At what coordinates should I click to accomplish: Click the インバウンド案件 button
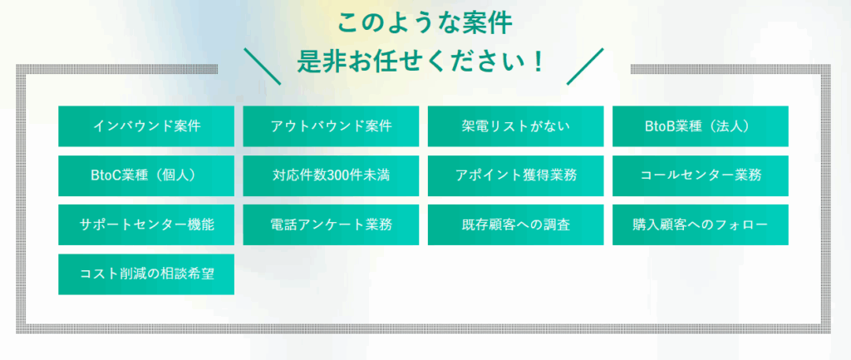tap(146, 126)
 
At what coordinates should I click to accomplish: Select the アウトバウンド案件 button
tap(331, 126)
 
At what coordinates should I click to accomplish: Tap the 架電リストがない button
tap(515, 126)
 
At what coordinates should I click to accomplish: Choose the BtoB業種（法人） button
tap(701, 126)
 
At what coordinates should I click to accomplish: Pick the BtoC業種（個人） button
tap(146, 175)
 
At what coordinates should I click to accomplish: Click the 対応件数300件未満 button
tap(331, 175)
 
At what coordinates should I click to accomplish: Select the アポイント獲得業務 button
tap(515, 175)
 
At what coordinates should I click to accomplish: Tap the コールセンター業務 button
tap(701, 175)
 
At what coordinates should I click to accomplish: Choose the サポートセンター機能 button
tap(146, 224)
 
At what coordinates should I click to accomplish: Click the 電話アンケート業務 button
tap(331, 224)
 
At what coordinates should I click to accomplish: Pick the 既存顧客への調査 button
tap(515, 224)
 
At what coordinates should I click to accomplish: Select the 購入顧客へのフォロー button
tap(701, 224)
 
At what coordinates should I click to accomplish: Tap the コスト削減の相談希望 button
tap(146, 274)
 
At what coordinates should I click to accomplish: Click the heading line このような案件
tap(425, 23)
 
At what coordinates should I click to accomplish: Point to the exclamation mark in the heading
tap(538, 63)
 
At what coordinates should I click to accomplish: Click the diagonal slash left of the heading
tap(263, 67)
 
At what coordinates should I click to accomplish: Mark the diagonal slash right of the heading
tap(585, 67)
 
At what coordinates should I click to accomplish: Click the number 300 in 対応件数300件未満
tap(339, 175)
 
